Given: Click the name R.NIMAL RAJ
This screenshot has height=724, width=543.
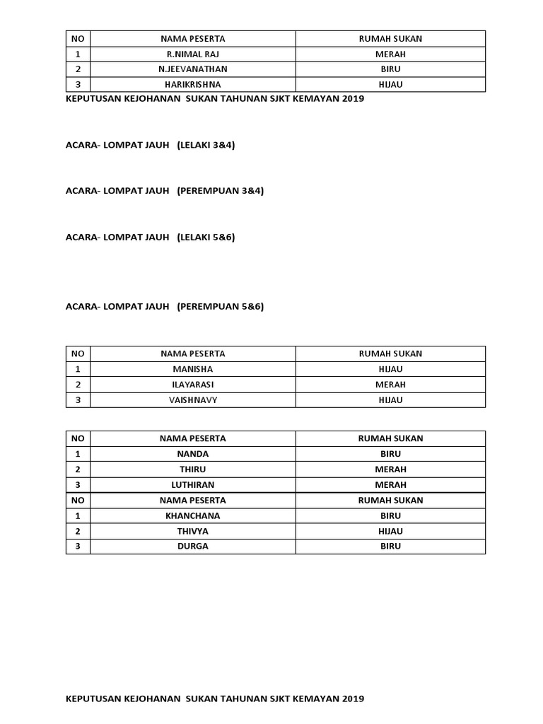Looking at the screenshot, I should [192, 54].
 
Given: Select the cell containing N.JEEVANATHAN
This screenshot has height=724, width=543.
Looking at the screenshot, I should [192, 69].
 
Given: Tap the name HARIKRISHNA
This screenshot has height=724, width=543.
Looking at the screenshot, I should [192, 85].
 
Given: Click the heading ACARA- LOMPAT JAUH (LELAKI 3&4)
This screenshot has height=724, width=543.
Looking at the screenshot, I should [150, 145].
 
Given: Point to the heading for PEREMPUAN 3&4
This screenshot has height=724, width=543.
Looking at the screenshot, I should [164, 191].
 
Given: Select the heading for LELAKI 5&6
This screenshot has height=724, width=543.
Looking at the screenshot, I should [150, 237].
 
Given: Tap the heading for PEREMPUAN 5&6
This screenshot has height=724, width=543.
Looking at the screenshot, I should [164, 306].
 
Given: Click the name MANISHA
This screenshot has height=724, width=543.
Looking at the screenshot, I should [192, 369].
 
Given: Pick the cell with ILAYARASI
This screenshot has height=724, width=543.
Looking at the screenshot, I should [192, 385].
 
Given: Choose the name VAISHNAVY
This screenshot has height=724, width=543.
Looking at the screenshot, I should [192, 400].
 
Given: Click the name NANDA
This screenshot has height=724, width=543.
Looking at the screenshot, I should [192, 454].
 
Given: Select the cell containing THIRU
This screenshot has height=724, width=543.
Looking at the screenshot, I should [192, 469].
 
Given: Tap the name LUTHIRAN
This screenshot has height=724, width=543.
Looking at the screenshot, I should [192, 485].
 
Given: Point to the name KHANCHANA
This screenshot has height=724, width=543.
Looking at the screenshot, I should [192, 515].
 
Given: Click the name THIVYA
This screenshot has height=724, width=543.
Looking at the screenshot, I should [192, 531].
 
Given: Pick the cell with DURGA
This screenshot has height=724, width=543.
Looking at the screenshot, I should [192, 547].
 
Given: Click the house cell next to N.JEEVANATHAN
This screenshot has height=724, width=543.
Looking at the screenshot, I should [390, 69].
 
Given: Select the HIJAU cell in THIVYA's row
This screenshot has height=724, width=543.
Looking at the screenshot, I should [390, 531].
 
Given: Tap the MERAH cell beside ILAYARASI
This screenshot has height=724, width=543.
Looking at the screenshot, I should [390, 385].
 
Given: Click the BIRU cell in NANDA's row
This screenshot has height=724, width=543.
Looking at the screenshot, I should [390, 454].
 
